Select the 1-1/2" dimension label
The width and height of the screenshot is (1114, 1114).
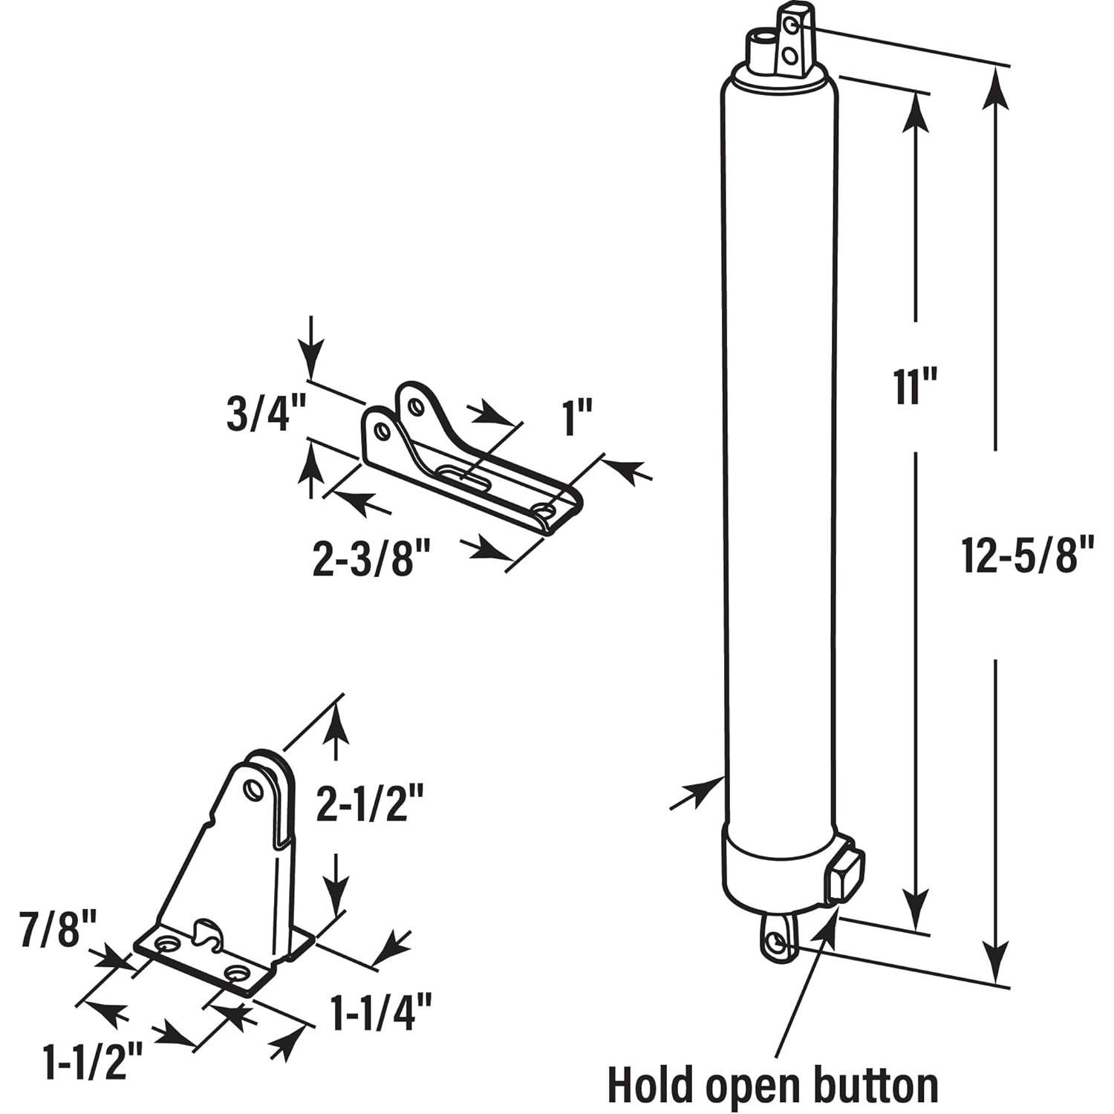[x=94, y=1063]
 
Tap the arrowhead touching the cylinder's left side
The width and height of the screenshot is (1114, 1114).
[x=707, y=789]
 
